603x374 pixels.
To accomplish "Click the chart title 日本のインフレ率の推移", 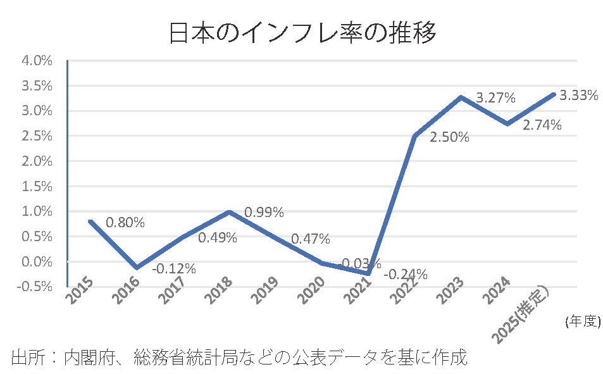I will (302, 32).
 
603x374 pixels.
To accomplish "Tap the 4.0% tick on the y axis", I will (37, 61).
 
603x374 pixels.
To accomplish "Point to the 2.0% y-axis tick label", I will (37, 161).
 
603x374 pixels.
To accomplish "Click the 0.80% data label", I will (125, 223).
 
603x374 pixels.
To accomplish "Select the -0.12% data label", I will (174, 268).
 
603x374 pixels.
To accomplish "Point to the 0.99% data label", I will (264, 212).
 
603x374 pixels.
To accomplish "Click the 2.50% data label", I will (449, 137).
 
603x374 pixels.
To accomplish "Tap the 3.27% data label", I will (495, 98).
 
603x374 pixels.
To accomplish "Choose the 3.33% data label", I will (579, 96).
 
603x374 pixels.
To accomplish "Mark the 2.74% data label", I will (542, 125).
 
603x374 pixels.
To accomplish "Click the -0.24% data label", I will (406, 274).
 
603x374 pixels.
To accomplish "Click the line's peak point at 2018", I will (229, 212).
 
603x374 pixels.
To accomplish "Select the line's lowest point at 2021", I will (368, 273).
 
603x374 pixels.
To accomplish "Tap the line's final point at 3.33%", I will (554, 94).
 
